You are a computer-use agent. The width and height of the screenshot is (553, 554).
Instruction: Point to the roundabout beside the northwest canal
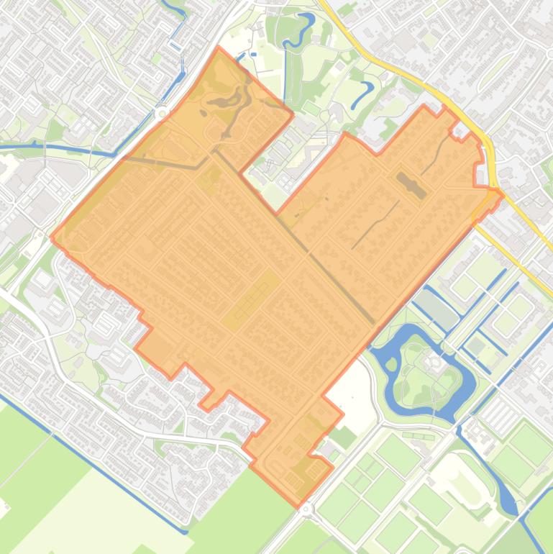[x=160, y=113]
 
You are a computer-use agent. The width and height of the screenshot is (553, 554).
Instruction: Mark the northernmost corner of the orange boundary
[x=219, y=48]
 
